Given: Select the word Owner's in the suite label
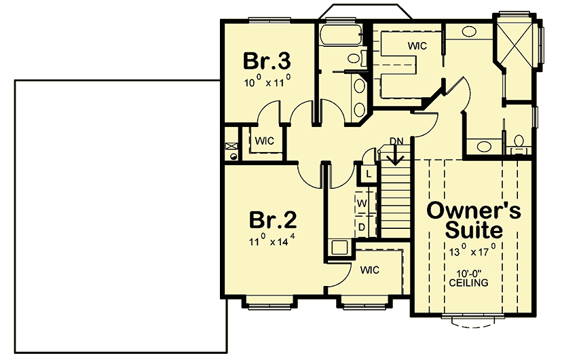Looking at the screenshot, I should click(x=474, y=211).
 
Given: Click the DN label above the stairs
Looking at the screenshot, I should click(x=396, y=141).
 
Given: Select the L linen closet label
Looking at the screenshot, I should click(x=368, y=174).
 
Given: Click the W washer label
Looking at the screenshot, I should click(x=362, y=203).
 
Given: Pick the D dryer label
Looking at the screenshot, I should click(x=362, y=226).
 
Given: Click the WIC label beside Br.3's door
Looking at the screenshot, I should click(x=264, y=141).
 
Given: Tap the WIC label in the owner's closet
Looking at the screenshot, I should click(x=417, y=46).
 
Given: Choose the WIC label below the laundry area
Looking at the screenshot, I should click(x=370, y=270).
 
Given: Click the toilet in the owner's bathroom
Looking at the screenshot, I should click(x=519, y=141).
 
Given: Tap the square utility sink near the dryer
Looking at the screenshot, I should click(x=339, y=248).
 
